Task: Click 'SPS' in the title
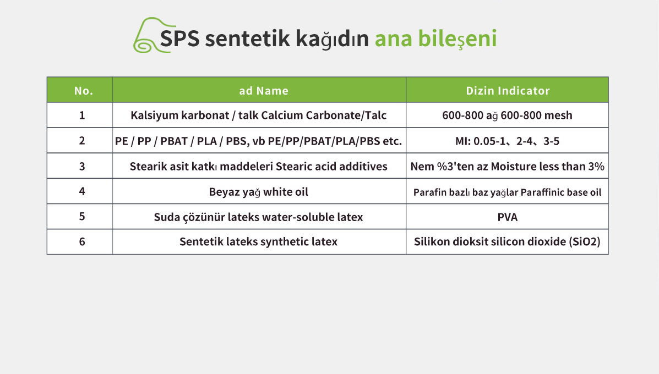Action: coord(180,38)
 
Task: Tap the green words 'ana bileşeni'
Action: coord(436,38)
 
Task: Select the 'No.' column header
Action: coord(84,91)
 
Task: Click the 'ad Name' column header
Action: coord(264,91)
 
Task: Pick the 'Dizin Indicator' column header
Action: coord(508,91)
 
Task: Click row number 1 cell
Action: coord(82,116)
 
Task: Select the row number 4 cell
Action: coord(82,191)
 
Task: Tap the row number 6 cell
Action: coord(82,242)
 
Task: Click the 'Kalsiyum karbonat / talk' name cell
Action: coord(258,116)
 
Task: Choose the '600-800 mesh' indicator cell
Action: coord(507,116)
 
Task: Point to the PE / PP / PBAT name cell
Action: coord(258,141)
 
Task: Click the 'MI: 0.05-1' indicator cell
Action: coord(507,141)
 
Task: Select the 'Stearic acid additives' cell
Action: coord(258,166)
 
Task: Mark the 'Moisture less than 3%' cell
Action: coord(507,166)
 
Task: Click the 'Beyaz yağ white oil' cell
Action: coord(258,192)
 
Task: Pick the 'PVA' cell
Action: coord(507,217)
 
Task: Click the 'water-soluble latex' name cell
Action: coord(258,217)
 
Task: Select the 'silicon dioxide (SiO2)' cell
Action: coord(507,242)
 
